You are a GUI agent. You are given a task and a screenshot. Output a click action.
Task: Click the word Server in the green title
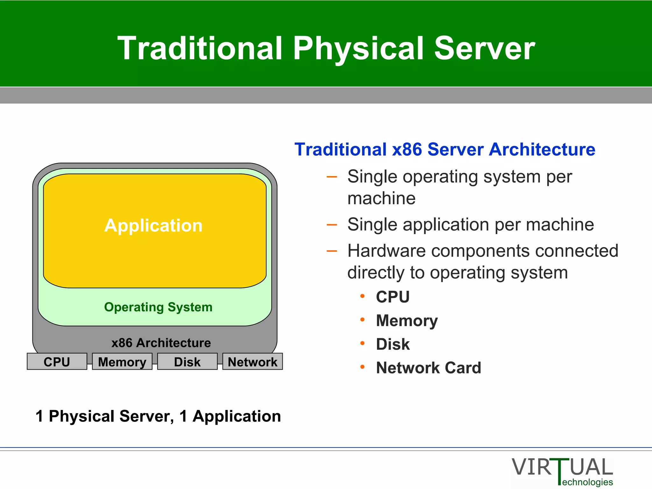tap(484, 48)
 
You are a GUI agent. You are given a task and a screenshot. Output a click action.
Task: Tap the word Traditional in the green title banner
tap(200, 48)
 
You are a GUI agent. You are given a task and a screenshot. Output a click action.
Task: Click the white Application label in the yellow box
tap(153, 226)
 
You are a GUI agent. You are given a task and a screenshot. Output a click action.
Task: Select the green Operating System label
tap(158, 307)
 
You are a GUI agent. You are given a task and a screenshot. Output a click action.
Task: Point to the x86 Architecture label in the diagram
tap(161, 343)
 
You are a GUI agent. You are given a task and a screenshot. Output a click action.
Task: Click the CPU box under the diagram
tap(57, 362)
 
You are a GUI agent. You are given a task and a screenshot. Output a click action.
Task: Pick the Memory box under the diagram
tap(122, 362)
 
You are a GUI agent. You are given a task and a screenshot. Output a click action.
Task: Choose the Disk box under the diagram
tap(187, 362)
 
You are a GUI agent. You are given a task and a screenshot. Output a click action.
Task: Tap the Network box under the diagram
tap(252, 362)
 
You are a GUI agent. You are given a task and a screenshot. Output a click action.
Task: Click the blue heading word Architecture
tap(542, 149)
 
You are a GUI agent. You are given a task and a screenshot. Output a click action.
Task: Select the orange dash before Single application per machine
tap(332, 225)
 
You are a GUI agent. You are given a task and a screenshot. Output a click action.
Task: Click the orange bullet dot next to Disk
tap(362, 343)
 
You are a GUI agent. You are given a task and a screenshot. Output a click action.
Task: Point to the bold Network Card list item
tap(428, 368)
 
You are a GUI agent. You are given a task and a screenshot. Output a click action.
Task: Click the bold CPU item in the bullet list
tap(393, 297)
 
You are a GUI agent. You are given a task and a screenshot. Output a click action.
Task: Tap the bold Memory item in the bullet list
tap(407, 321)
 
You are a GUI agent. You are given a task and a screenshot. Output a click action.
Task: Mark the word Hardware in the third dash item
tap(386, 251)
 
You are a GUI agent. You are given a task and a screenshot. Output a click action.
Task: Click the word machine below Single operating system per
tap(381, 198)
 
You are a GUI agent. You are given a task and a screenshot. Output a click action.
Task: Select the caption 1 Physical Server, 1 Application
tap(158, 416)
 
